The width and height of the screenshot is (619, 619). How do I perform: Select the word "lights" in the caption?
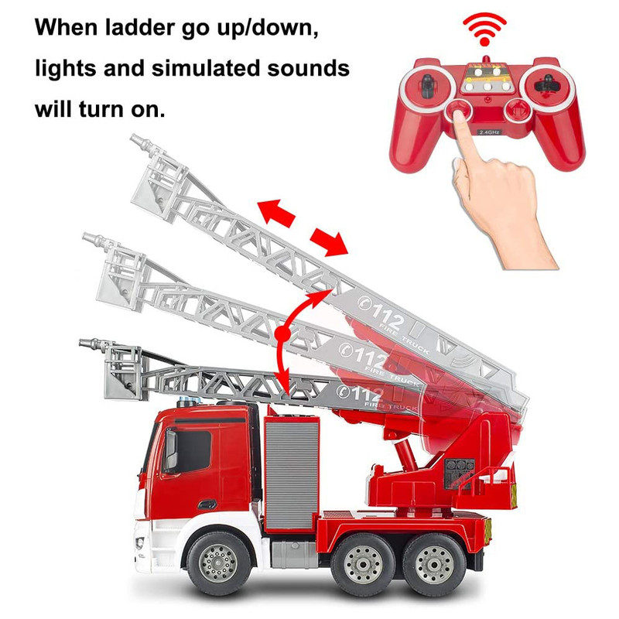[x=66, y=69]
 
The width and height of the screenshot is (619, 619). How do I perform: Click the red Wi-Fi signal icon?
[x=484, y=29]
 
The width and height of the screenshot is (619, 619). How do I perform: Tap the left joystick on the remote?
[x=427, y=85]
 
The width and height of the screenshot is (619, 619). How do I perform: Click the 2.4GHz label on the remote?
[x=490, y=132]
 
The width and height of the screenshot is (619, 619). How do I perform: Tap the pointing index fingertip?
[x=459, y=115]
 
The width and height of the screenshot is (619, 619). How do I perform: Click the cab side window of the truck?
[x=189, y=451]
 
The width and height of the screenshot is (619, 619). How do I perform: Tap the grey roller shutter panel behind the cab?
[x=292, y=474]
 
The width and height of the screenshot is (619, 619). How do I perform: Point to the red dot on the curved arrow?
[x=282, y=333]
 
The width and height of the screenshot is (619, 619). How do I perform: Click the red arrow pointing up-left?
[x=276, y=212]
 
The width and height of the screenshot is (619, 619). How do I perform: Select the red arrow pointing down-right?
[x=330, y=241]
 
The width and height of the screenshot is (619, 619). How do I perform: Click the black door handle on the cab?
[x=207, y=504]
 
